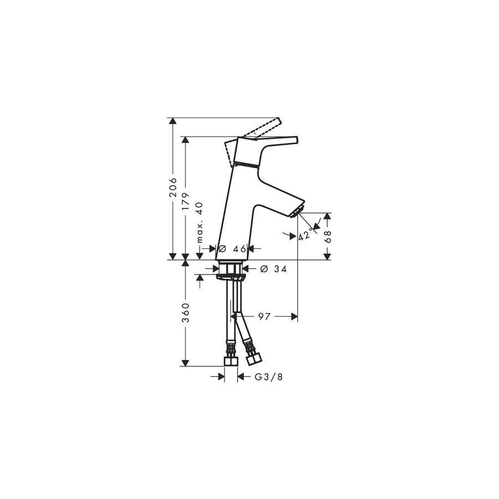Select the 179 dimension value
[x=186, y=201]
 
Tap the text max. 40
[x=199, y=223]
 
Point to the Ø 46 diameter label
[x=233, y=248]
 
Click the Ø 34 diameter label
[x=273, y=269]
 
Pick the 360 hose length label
[x=186, y=313]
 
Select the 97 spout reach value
[x=264, y=317]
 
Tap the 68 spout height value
[x=328, y=236]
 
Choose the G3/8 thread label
[x=268, y=377]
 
